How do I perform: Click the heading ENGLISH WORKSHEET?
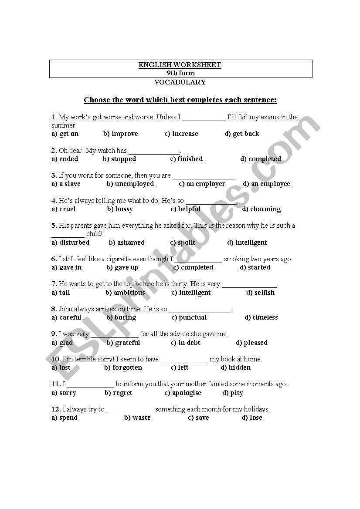pyautogui.click(x=180, y=65)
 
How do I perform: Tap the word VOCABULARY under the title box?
pyautogui.click(x=180, y=82)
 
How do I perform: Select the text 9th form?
pyautogui.click(x=180, y=73)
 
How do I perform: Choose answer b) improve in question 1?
pyautogui.click(x=120, y=134)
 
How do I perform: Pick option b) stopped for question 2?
pyautogui.click(x=119, y=159)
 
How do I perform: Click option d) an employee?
pyautogui.click(x=266, y=184)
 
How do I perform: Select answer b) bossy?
pyautogui.click(x=120, y=209)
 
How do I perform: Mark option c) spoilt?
pyautogui.click(x=183, y=243)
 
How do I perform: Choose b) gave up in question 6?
pyautogui.click(x=122, y=267)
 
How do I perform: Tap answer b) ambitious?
pyautogui.click(x=125, y=293)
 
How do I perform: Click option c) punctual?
pyautogui.click(x=189, y=317)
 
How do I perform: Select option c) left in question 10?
pyautogui.click(x=180, y=367)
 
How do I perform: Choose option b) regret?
pyautogui.click(x=118, y=393)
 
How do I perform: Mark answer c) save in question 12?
pyautogui.click(x=198, y=418)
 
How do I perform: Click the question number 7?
pyautogui.click(x=54, y=284)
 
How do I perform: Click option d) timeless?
pyautogui.click(x=261, y=317)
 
